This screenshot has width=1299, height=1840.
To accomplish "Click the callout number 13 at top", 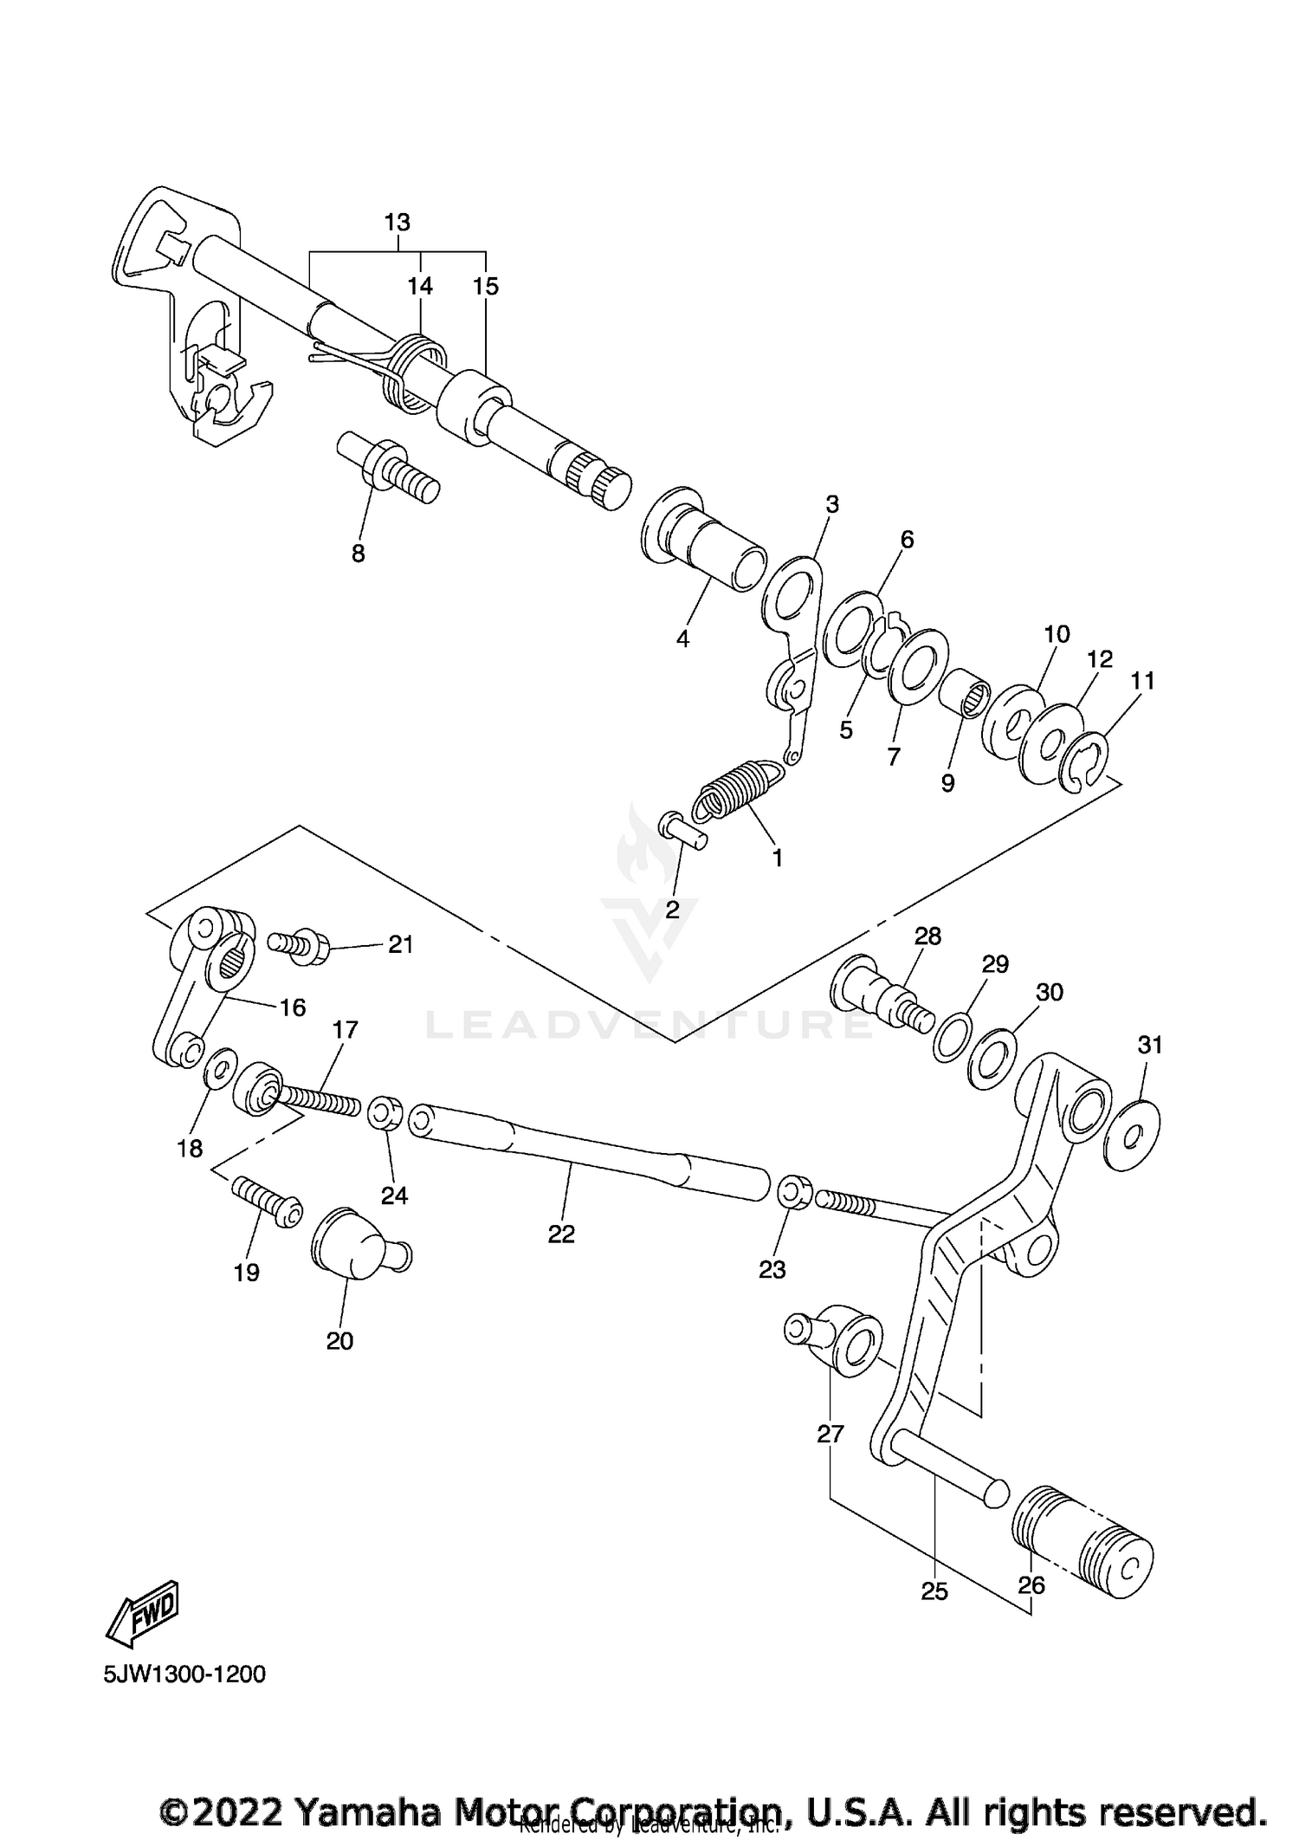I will click(x=397, y=223).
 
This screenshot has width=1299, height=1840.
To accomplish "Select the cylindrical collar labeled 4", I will click(x=703, y=543).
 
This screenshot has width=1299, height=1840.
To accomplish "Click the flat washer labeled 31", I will click(x=1133, y=1135).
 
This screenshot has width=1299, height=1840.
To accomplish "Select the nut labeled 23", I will click(x=796, y=1192).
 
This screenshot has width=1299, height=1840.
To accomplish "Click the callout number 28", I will click(x=927, y=936).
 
